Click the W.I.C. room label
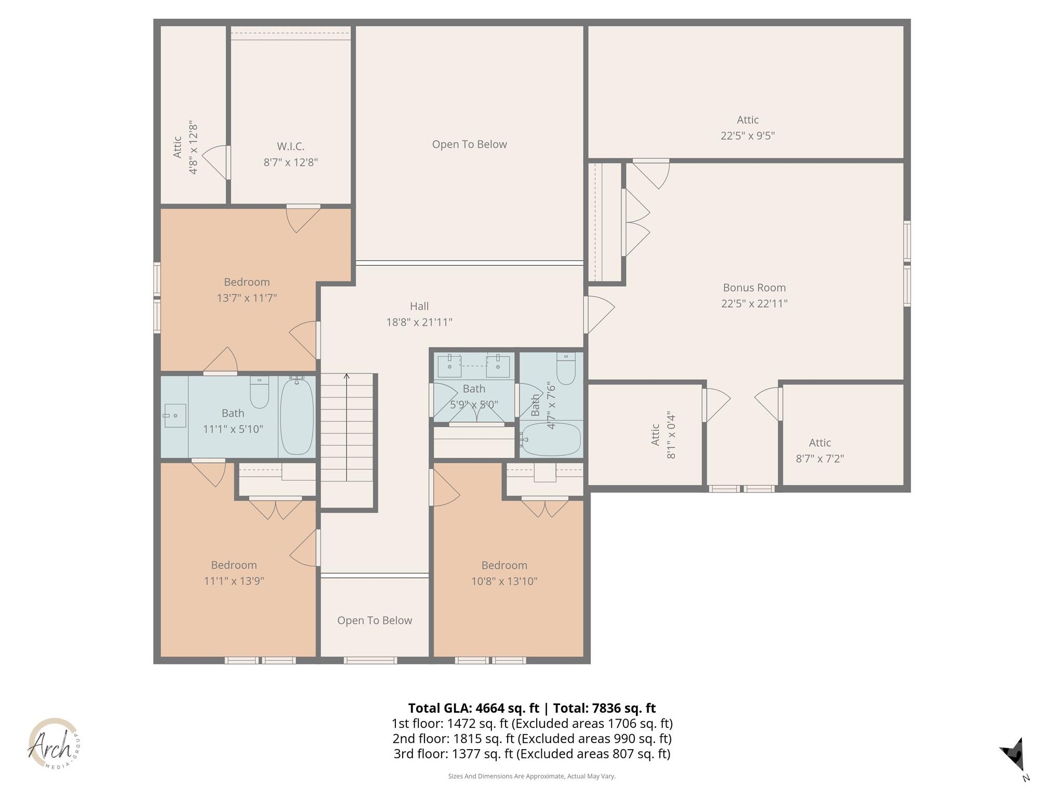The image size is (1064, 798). pyautogui.click(x=290, y=147)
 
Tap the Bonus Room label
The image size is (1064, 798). pyautogui.click(x=754, y=287)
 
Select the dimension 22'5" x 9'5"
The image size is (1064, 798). pyautogui.click(x=747, y=136)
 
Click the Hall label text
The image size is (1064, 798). pyautogui.click(x=419, y=306)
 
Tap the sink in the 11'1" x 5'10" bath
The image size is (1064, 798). pyautogui.click(x=175, y=416)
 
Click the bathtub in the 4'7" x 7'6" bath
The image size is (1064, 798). pyautogui.click(x=551, y=440)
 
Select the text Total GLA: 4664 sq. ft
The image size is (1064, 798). pyautogui.click(x=473, y=708)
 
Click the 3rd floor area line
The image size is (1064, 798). pyautogui.click(x=531, y=753)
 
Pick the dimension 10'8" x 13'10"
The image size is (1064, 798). pyautogui.click(x=504, y=581)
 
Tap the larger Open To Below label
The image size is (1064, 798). pyautogui.click(x=469, y=144)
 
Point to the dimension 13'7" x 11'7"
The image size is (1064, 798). pyautogui.click(x=246, y=298)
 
